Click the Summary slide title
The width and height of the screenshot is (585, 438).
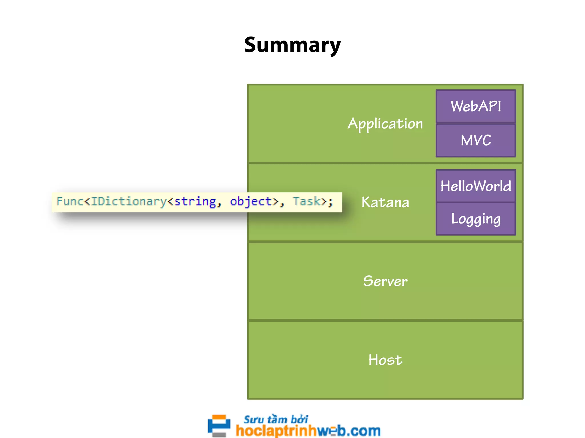click(292, 45)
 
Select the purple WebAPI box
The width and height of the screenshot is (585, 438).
click(476, 106)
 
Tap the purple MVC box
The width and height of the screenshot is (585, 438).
click(476, 140)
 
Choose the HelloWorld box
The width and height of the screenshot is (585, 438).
click(476, 186)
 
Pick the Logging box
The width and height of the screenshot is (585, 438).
click(476, 219)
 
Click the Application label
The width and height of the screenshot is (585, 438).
click(385, 124)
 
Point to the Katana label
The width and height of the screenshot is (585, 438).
click(385, 202)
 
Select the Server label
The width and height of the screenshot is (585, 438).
click(385, 281)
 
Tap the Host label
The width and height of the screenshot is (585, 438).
click(385, 360)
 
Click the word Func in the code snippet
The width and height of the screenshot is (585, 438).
click(69, 202)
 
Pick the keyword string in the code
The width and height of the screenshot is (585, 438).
click(195, 202)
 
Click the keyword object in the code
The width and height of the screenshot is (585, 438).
click(251, 202)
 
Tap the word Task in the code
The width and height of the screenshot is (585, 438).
click(306, 202)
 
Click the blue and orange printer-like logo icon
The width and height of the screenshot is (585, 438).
click(219, 426)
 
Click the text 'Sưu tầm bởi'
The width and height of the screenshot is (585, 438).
click(276, 419)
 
